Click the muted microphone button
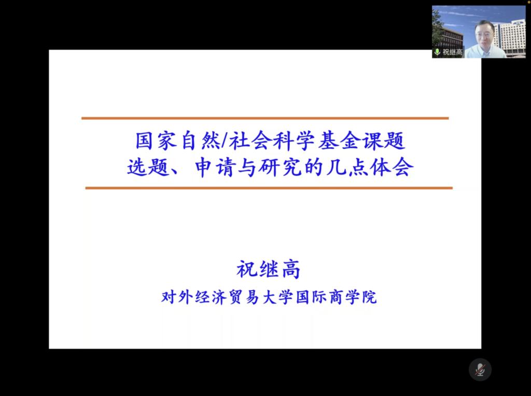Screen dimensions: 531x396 point(480,369)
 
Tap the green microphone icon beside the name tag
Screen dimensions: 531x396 point(437,52)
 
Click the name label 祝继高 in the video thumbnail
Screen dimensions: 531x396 point(452,52)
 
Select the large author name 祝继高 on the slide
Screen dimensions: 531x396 point(268,270)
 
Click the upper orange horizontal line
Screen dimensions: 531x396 point(265,118)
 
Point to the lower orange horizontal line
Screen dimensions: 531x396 point(269,188)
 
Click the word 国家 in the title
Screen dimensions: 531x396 point(156,140)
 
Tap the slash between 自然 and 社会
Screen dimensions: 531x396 point(224,140)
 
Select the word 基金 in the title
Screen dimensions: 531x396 point(339,140)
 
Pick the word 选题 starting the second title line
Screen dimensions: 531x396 point(148,167)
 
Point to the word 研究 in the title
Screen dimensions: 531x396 point(280,167)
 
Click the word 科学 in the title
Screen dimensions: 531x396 point(294,140)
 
